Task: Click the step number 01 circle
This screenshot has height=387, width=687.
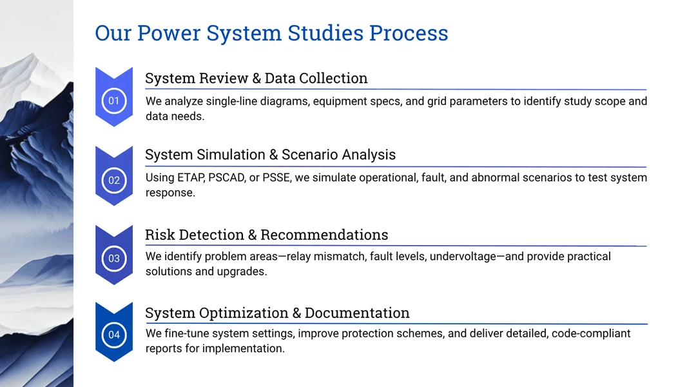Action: click(114, 101)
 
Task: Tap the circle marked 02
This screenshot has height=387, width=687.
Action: click(114, 180)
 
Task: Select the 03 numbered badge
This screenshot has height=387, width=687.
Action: click(114, 259)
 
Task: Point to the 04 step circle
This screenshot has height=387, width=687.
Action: click(114, 335)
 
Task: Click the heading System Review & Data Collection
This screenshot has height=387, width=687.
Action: click(256, 79)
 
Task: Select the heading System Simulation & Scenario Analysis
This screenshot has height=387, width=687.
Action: click(270, 155)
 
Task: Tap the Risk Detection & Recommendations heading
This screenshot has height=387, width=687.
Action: click(266, 235)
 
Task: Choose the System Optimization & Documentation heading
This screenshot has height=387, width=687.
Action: click(277, 313)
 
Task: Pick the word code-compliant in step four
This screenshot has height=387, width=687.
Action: click(591, 333)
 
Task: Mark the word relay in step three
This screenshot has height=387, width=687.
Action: click(311, 257)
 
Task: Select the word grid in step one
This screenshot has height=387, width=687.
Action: click(438, 101)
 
